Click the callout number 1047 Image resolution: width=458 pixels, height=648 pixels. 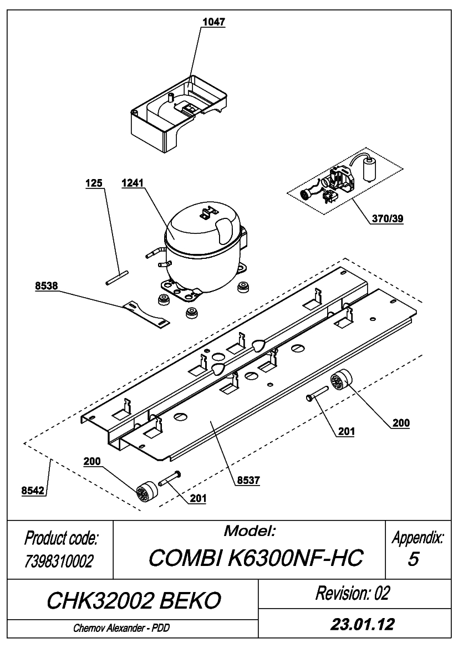click(x=213, y=22)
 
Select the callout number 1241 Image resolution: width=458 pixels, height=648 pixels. click(x=133, y=183)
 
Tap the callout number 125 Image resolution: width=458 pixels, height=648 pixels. click(x=94, y=183)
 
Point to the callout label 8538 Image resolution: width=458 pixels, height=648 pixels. click(x=46, y=285)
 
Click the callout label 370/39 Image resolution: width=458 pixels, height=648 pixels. click(x=388, y=218)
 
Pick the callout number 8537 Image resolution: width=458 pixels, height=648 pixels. click(x=248, y=480)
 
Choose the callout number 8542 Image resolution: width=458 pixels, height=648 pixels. click(x=33, y=491)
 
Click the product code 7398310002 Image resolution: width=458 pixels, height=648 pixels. click(x=59, y=561)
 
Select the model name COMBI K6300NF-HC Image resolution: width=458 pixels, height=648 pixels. click(x=256, y=558)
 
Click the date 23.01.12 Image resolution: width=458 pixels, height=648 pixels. click(x=362, y=624)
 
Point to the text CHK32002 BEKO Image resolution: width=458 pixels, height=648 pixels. click(x=134, y=600)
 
